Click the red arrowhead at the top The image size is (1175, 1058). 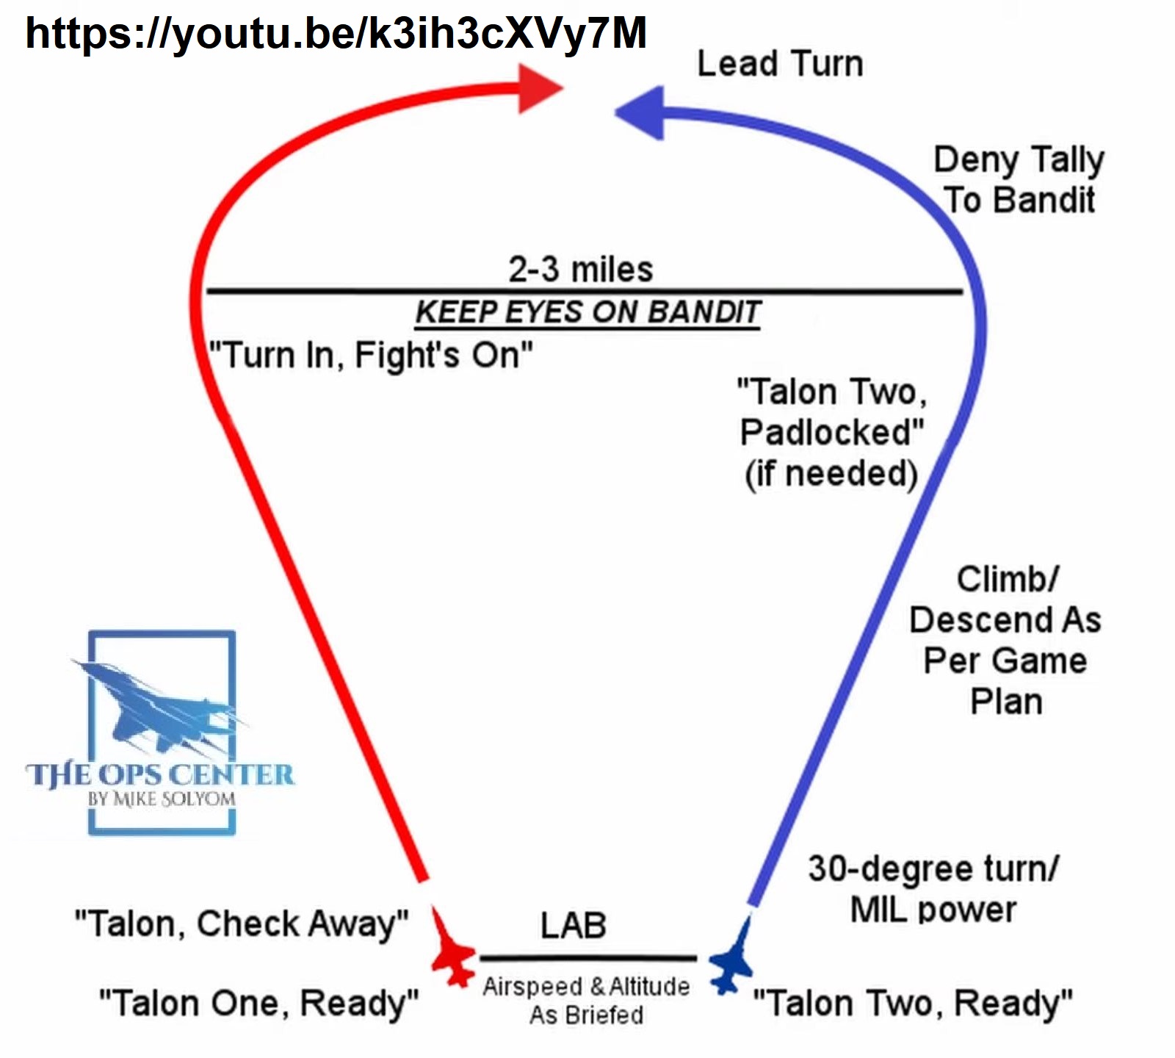538,89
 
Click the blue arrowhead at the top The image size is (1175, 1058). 641,113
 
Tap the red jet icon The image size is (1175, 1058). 451,951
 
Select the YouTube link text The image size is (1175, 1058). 336,33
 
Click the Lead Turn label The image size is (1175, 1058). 780,64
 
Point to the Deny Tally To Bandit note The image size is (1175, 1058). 1019,180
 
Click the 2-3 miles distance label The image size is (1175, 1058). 580,270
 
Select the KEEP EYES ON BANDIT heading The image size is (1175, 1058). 587,312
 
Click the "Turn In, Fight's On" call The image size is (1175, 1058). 371,356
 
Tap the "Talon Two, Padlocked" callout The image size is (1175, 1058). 831,433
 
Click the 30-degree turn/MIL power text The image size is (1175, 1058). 933,889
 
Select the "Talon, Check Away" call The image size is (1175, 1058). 242,924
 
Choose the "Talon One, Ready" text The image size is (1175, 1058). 258,1003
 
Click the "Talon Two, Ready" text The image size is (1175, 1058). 913,1003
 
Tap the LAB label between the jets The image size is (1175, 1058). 574,926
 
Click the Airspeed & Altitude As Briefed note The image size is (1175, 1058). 586,1001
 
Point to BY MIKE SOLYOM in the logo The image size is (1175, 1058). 162,799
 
